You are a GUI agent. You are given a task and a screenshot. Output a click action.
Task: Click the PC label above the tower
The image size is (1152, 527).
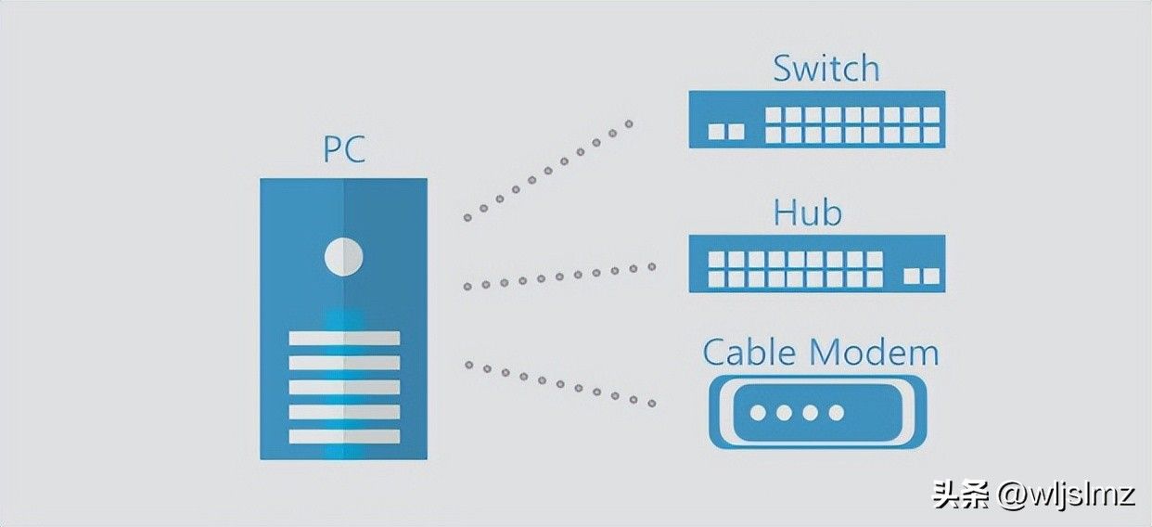(x=344, y=149)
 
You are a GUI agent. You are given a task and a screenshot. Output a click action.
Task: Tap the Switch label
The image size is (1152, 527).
(x=826, y=69)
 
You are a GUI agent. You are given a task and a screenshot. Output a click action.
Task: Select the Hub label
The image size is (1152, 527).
(x=808, y=212)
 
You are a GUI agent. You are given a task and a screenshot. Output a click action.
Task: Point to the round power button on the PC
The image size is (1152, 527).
(x=343, y=256)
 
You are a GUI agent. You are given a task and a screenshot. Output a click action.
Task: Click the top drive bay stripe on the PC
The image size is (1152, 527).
(x=344, y=338)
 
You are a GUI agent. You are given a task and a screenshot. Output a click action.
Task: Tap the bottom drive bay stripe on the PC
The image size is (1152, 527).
(x=344, y=436)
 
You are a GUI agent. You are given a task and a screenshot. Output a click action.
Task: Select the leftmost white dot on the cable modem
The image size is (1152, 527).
(x=758, y=413)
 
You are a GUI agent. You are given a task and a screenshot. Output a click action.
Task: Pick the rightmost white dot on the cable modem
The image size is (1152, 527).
(x=837, y=413)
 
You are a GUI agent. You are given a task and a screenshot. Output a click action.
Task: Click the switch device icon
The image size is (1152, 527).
(x=817, y=120)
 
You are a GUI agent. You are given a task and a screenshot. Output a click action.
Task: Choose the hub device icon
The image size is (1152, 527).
(x=817, y=263)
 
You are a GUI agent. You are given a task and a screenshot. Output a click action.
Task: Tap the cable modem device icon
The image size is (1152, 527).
(x=818, y=412)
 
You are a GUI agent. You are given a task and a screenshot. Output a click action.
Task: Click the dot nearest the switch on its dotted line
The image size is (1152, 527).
(x=629, y=124)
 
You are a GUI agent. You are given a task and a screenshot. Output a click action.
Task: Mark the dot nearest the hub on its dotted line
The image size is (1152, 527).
(x=652, y=266)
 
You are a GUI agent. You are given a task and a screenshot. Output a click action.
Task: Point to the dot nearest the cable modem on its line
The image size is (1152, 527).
(x=652, y=404)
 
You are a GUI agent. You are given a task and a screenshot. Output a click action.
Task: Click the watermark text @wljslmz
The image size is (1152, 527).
(x=1067, y=495)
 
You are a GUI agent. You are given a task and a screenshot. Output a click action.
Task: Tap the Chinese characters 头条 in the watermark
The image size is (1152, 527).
(x=962, y=495)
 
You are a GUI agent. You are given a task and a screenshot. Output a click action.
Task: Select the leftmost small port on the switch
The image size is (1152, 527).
(x=716, y=132)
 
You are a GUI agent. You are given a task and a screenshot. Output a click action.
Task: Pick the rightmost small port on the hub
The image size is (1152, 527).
(x=932, y=276)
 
